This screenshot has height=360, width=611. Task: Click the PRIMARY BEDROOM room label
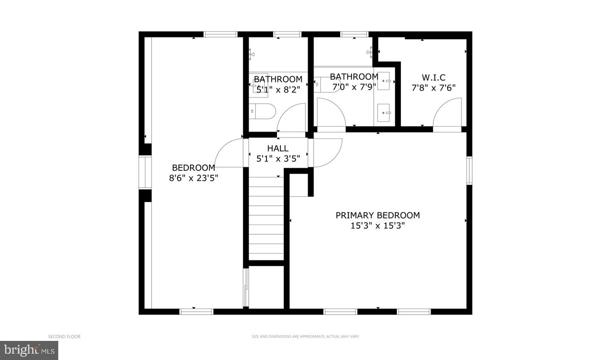378,215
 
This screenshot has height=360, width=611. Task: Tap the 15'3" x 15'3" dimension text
378,226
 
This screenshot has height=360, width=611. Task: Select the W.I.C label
433,78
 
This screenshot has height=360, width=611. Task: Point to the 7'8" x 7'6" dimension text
433,88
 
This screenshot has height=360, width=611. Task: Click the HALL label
278,148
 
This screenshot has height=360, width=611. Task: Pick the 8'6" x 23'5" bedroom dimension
193,178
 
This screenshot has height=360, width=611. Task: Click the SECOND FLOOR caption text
64,337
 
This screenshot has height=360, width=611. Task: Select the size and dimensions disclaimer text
305,337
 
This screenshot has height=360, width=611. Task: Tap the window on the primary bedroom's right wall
469,171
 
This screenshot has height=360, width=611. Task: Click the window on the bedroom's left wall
145,172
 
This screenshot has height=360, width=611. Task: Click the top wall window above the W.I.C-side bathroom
354,34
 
